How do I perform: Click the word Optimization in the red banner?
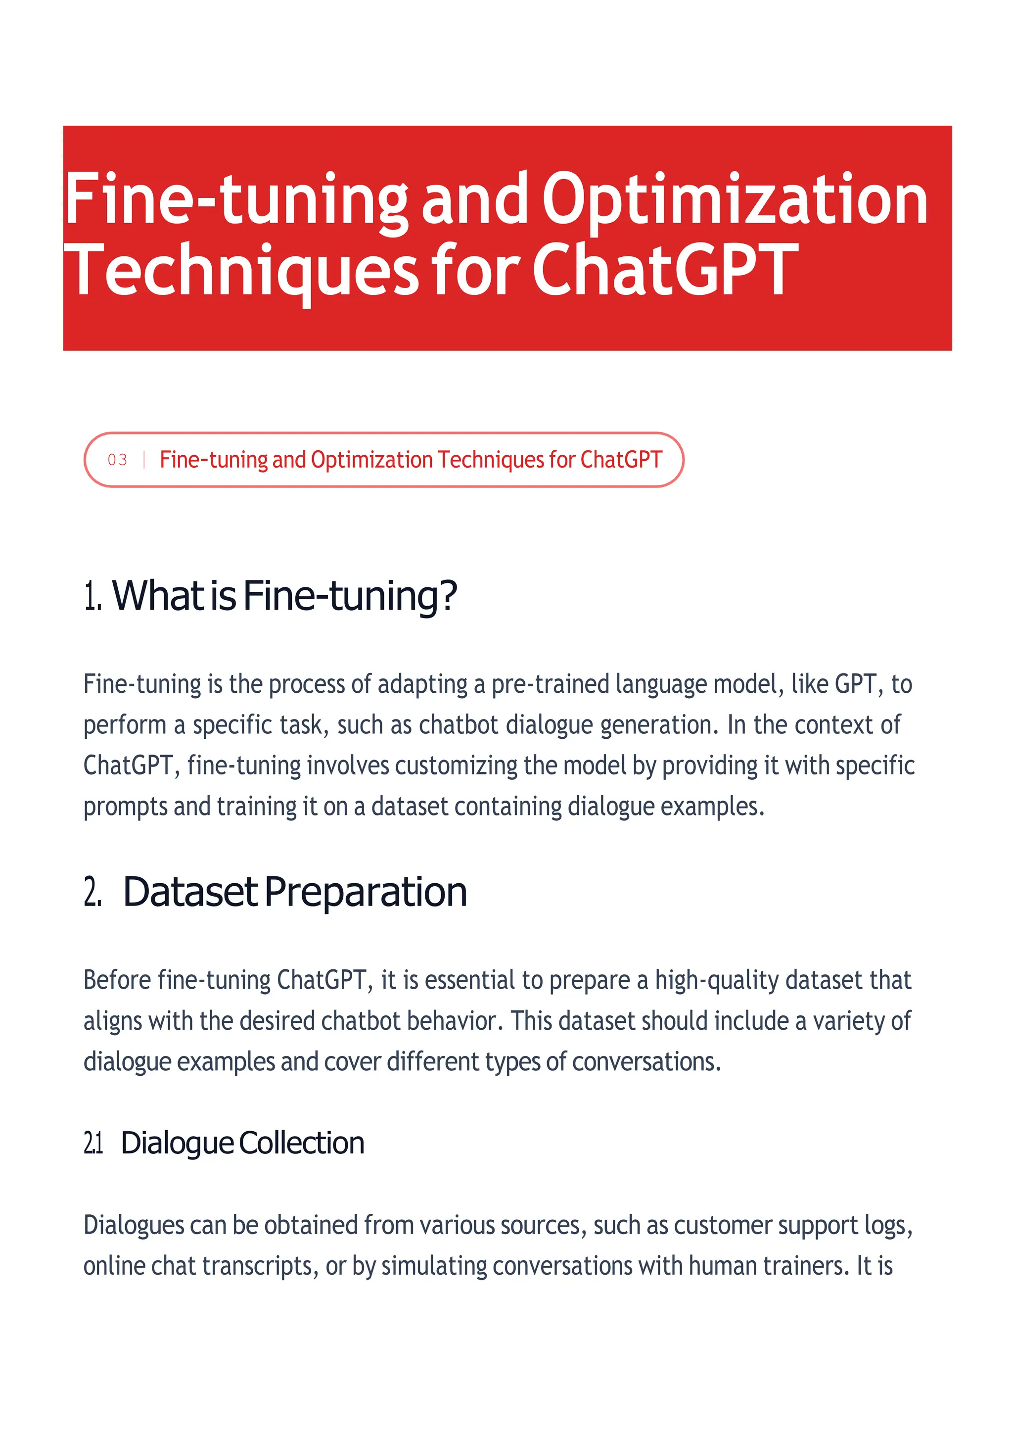tap(735, 200)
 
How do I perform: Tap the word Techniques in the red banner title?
tap(241, 271)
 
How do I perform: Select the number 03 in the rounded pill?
tap(117, 460)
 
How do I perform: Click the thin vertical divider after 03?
tap(144, 460)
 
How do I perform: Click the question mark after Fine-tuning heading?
tap(448, 596)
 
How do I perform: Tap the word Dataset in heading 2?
tap(190, 892)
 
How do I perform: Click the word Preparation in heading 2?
tap(365, 892)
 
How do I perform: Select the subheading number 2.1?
tap(93, 1143)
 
